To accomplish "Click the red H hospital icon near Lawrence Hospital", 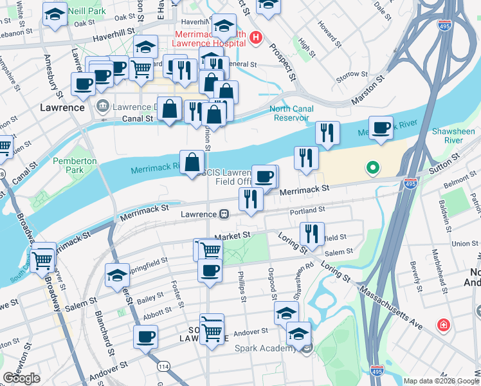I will point(257,37).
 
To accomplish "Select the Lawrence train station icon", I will point(224,214).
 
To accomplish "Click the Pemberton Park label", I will point(68,165).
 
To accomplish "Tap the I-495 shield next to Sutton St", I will point(410,184).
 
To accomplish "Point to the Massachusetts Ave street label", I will point(392,302).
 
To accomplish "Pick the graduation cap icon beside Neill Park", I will point(55,14).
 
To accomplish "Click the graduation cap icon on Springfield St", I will point(117,275).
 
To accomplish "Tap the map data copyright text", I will point(441,381).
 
